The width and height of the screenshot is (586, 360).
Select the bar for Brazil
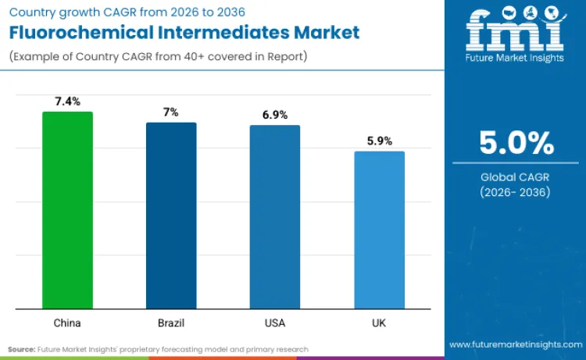click(171, 215)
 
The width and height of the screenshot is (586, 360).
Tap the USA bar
click(275, 216)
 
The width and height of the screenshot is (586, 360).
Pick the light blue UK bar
click(379, 230)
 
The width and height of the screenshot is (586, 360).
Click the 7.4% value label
click(67, 102)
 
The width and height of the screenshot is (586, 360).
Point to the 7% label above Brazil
click(171, 112)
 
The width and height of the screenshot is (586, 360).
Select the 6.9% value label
click(275, 115)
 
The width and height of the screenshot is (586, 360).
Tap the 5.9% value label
click(379, 141)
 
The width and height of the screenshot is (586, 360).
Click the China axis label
click(67, 322)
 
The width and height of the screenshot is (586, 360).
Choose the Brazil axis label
click(171, 322)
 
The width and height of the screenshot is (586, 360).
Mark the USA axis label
click(275, 322)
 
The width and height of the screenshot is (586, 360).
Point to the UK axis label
click(379, 322)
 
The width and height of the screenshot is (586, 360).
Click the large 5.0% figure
click(516, 144)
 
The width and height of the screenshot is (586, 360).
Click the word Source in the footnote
click(22, 349)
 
